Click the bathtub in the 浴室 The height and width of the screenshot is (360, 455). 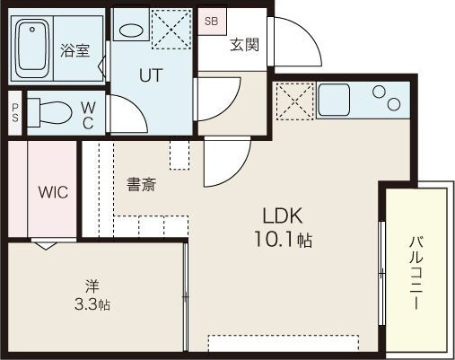tap(32, 48)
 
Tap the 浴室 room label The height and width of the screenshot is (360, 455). tap(74, 50)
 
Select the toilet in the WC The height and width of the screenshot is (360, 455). tap(49, 112)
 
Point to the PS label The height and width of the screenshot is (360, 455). tap(15, 113)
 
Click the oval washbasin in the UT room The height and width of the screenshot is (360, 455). tap(131, 31)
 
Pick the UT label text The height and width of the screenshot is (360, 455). tap(151, 75)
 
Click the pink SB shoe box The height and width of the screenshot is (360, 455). tap(212, 22)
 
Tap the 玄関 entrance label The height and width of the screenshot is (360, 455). tap(244, 45)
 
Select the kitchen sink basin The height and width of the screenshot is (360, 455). tap(334, 100)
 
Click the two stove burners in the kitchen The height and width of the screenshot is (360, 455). tap(386, 98)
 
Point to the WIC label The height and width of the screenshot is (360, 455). tap(53, 192)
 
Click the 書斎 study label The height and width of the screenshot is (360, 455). tap(141, 184)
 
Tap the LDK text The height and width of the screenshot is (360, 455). tap(283, 215)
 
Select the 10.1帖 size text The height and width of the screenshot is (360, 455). tap(283, 240)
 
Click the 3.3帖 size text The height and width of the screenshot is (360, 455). tap(92, 304)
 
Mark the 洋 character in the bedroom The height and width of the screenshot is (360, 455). tap(92, 286)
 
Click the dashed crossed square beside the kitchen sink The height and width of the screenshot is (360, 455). tap(295, 101)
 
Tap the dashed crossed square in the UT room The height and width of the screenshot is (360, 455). tap(171, 29)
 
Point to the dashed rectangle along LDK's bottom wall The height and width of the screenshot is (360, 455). tap(284, 343)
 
